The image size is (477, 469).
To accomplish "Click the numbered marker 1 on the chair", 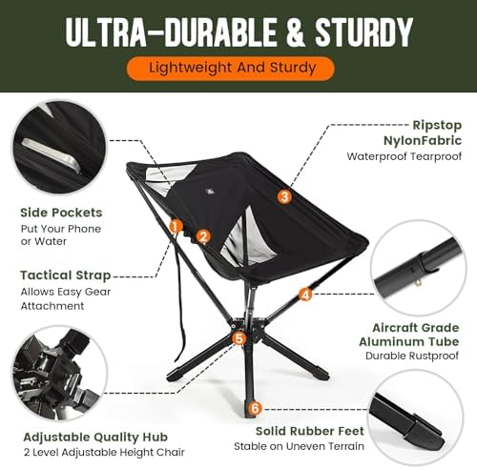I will click(176, 226).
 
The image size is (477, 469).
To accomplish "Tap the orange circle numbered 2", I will click(202, 236).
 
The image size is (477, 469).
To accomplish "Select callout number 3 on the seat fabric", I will click(284, 196).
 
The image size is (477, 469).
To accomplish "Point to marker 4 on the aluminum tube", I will click(305, 295).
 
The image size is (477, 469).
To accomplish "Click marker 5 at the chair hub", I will click(239, 337).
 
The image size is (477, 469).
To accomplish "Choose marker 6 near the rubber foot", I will click(254, 408).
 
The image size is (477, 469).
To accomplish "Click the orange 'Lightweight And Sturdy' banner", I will click(233, 68).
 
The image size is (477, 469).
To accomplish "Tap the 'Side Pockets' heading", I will click(62, 213).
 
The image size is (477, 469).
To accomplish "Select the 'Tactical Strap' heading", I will click(66, 275).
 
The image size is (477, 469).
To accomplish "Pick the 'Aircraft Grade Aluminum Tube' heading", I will click(408, 333).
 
